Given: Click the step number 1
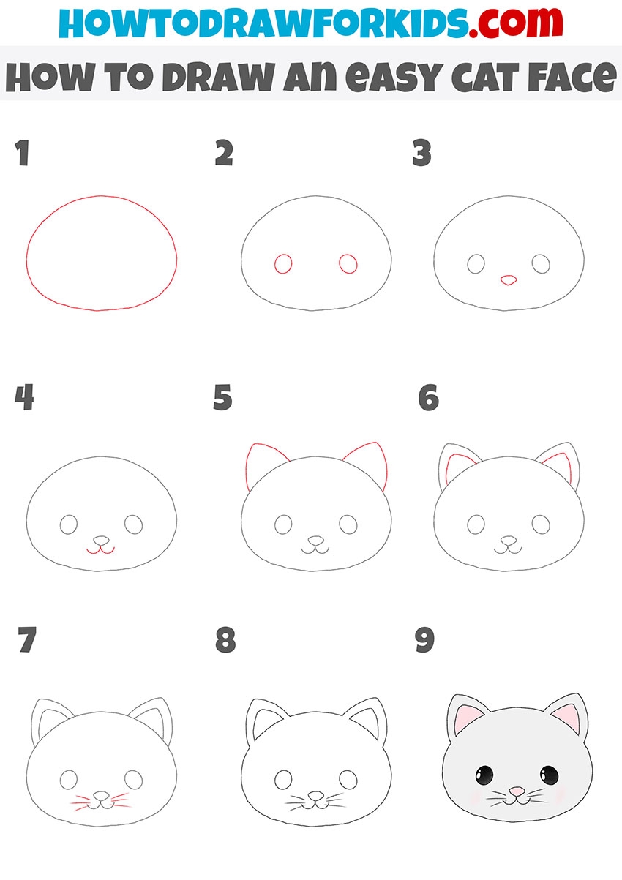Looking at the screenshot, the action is tap(23, 153).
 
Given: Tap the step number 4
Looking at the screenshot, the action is tap(24, 397).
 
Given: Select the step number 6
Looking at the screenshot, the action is tap(429, 397).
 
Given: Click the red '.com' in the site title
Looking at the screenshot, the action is tap(515, 23).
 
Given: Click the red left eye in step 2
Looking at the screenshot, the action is tap(283, 263).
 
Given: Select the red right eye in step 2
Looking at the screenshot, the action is tap(348, 263).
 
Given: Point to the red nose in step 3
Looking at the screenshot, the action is tap(509, 280).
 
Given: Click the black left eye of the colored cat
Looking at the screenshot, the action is tap(484, 775).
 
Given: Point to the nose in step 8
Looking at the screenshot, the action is tap(316, 796).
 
